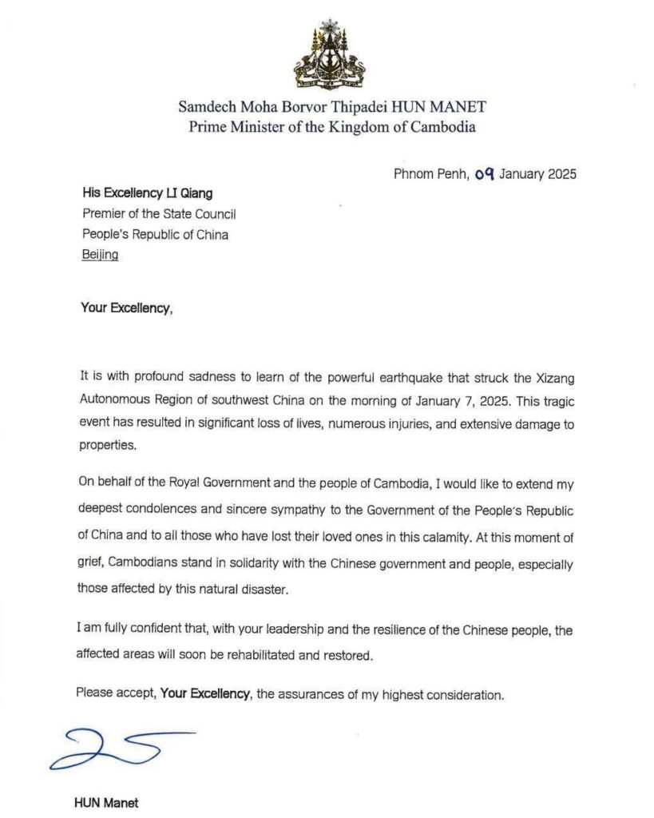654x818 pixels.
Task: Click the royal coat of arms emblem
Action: pyautogui.click(x=330, y=55)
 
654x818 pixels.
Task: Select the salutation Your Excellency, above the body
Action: pyautogui.click(x=125, y=307)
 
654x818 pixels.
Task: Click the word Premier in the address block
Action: pyautogui.click(x=105, y=213)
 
